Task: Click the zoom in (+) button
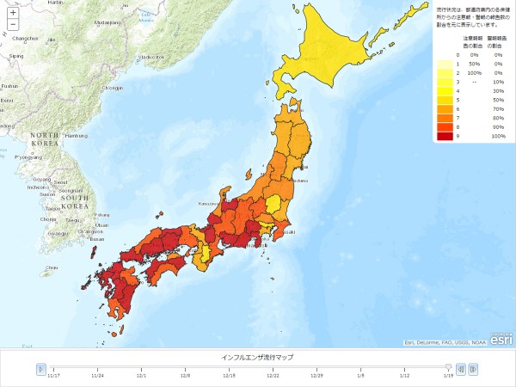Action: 13,12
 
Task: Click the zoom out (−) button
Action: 13,25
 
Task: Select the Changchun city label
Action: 26,39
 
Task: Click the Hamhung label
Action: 77,136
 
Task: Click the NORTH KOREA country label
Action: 45,141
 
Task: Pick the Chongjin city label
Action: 113,88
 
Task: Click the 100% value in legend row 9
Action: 497,136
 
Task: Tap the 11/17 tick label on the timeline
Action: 54,375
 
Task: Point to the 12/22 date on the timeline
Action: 273,375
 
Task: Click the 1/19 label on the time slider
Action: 448,375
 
